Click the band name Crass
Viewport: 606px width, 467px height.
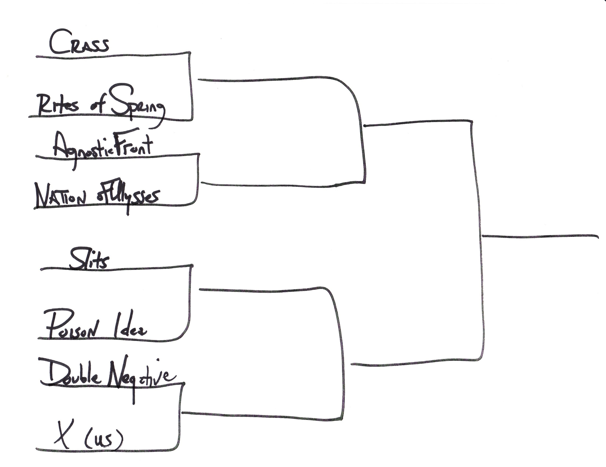79,43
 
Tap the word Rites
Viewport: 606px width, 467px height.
58,105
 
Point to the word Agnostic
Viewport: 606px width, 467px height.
82,150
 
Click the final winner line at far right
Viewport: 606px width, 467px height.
540,236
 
